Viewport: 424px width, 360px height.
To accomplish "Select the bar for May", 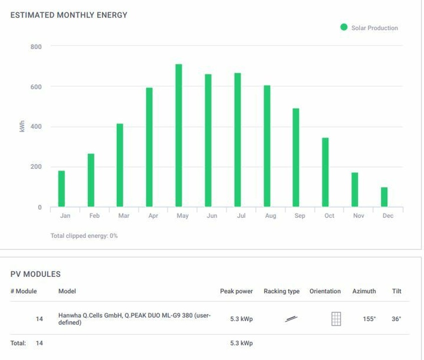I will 179,135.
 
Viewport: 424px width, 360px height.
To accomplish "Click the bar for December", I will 384,197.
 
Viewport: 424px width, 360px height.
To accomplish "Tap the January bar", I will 62,189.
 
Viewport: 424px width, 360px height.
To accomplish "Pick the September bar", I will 296,157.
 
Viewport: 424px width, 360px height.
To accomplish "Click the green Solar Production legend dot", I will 344,28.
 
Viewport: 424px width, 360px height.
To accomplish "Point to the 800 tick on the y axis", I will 36,47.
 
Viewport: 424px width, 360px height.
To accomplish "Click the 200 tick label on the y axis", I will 36,167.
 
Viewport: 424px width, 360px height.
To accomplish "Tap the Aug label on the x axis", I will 270,216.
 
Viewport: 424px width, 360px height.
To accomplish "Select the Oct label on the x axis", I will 329,216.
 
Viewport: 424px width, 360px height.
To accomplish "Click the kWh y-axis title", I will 22,127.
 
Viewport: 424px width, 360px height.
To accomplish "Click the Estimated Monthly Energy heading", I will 69,15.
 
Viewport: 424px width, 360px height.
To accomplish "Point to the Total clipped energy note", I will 84,235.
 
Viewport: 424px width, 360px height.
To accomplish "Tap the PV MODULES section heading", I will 36,274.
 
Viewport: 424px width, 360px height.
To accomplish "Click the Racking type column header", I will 281,291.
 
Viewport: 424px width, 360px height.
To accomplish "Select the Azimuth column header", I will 364,291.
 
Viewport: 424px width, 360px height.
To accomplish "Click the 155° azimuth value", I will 369,319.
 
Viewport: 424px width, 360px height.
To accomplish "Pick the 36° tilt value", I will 396,319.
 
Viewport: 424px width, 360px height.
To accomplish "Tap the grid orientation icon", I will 336,319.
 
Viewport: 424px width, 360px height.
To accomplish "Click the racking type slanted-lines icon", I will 291,319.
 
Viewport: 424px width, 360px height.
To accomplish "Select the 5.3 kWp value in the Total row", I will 241,343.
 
